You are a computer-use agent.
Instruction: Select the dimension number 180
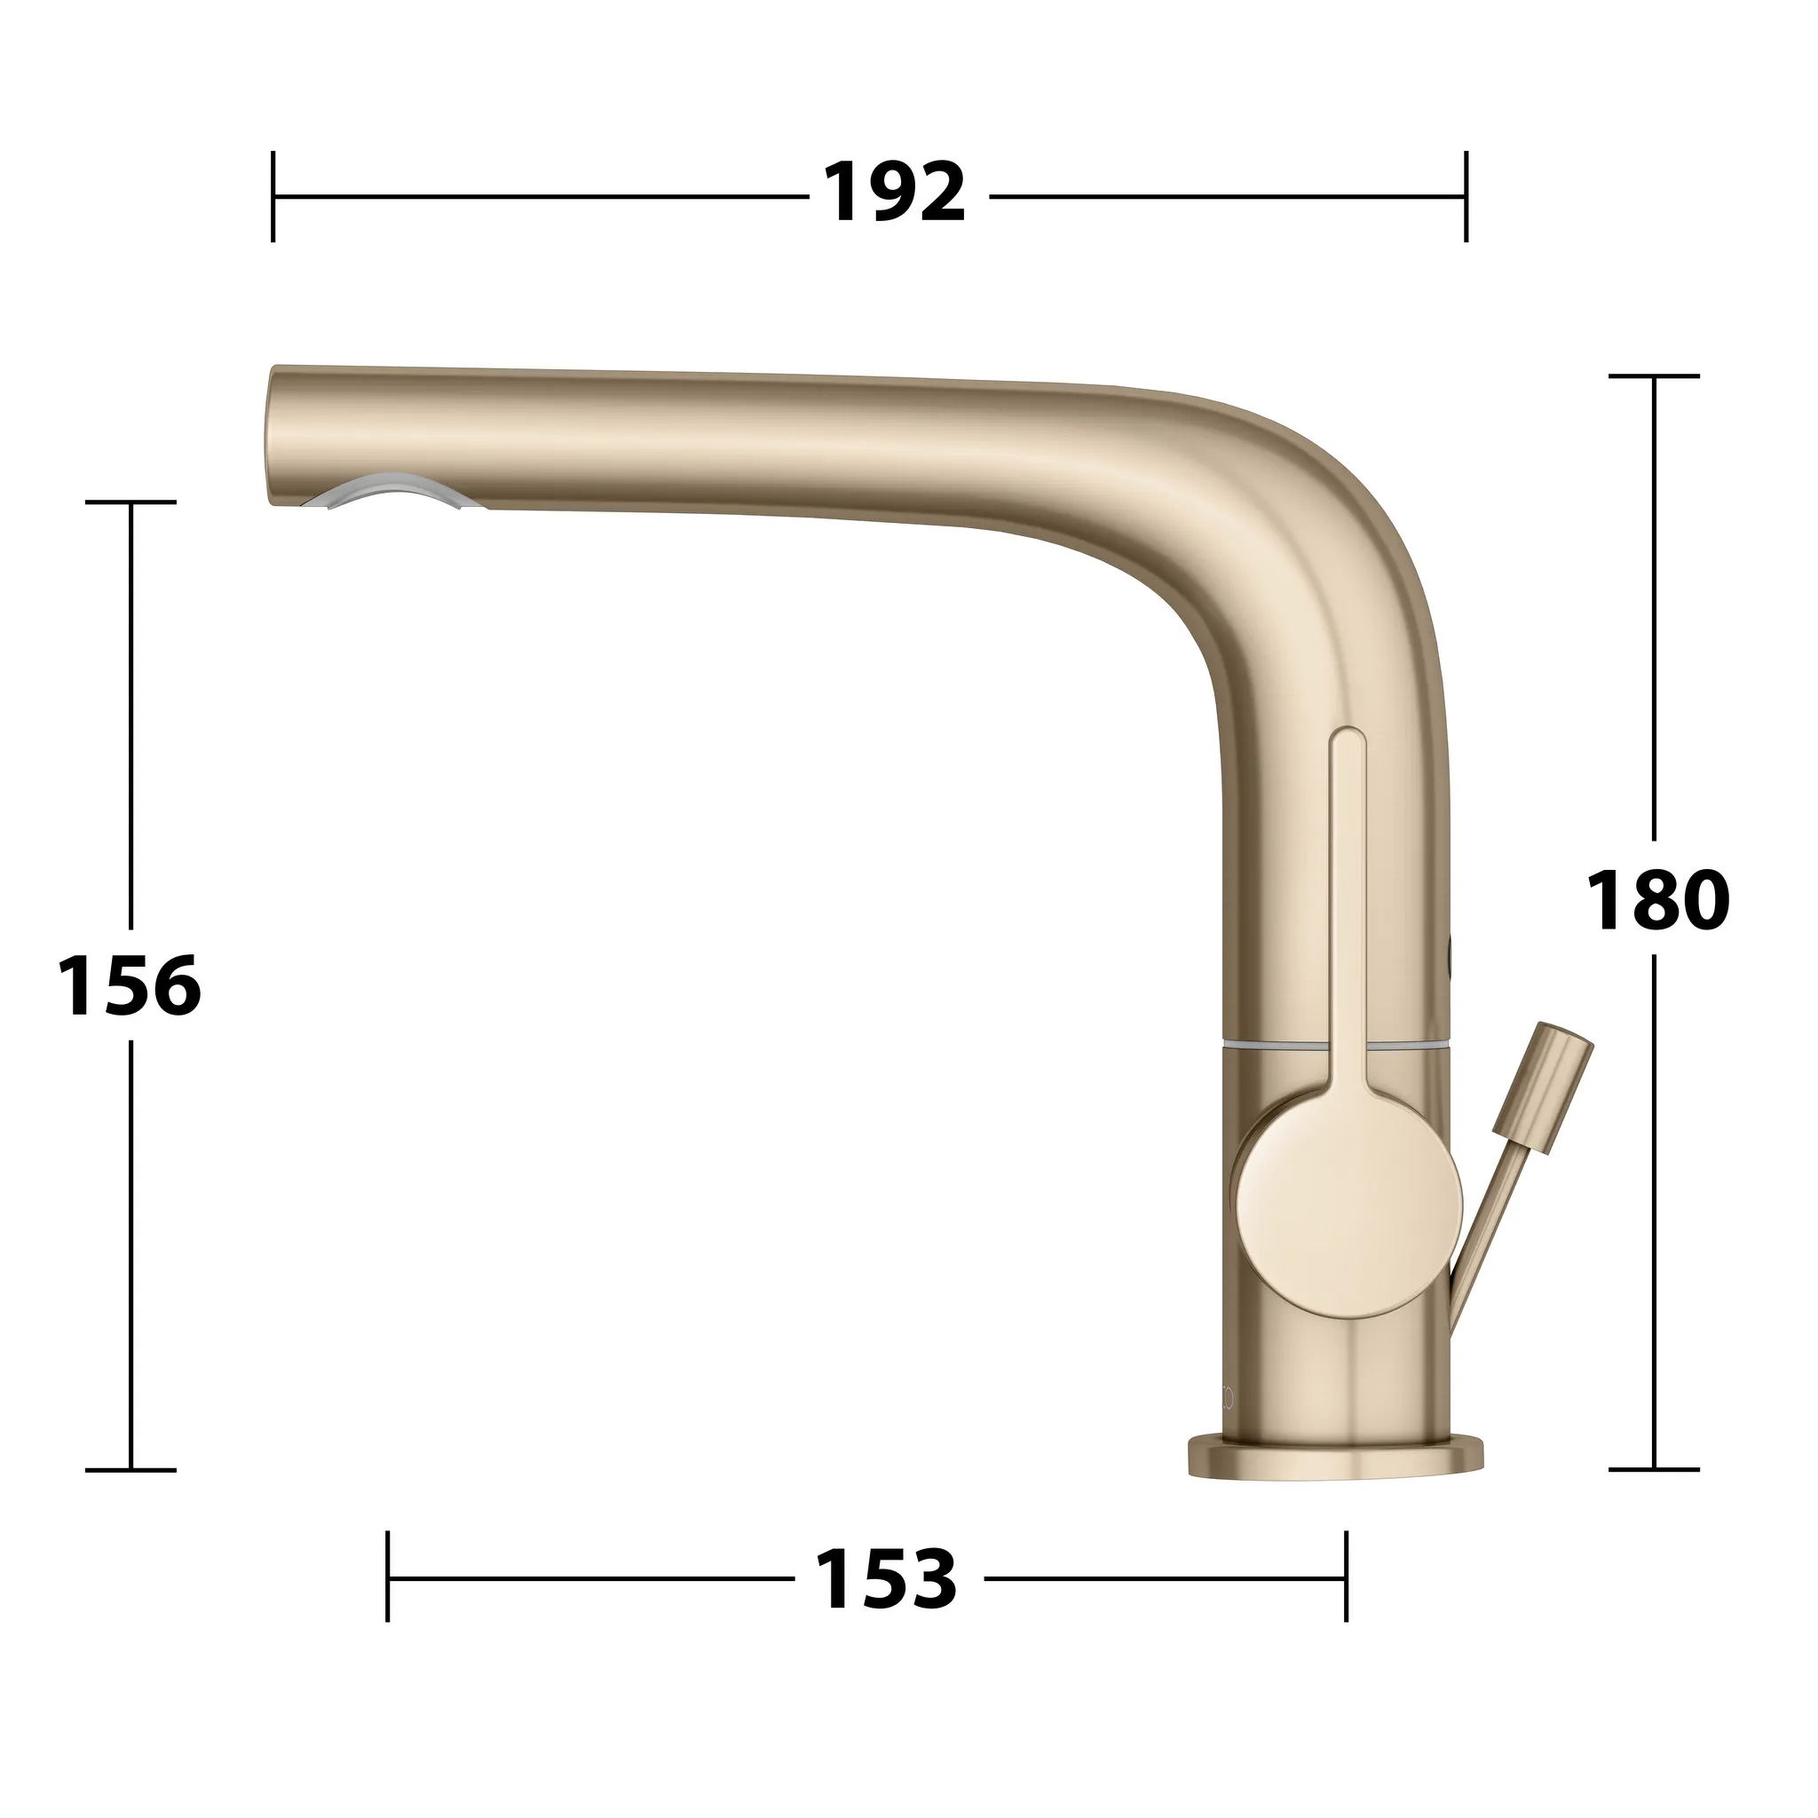tap(1657, 900)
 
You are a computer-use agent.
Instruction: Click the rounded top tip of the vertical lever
tap(1348, 737)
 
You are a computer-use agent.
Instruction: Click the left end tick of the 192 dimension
tap(273, 197)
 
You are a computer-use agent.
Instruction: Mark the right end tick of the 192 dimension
tap(1465, 197)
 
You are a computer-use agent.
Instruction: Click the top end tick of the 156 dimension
tap(130, 502)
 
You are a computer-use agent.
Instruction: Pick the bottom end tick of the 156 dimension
tap(130, 1469)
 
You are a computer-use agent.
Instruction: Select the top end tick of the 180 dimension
tap(1655, 376)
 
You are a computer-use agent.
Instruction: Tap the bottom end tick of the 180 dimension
tap(1655, 1469)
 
